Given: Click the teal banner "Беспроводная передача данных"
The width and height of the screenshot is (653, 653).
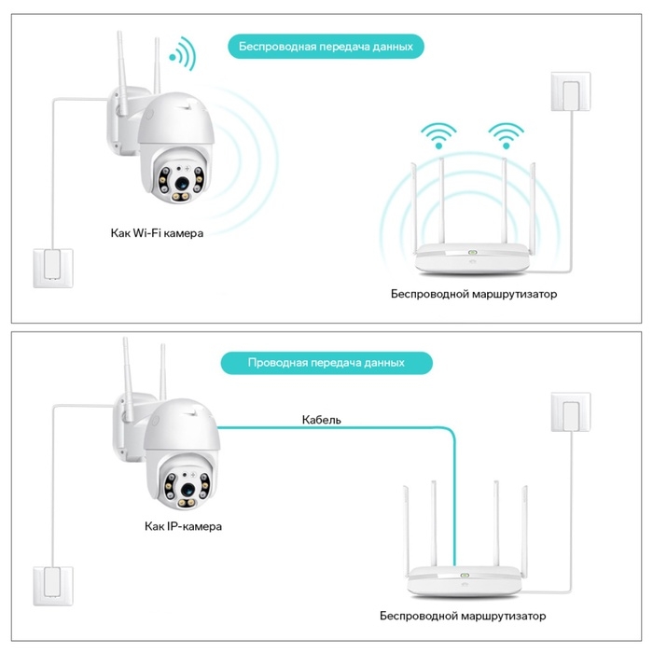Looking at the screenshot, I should coord(326,46).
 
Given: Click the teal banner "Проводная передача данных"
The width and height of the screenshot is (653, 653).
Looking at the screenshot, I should coord(326,362).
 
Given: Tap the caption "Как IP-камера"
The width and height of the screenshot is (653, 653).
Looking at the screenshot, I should coord(183,526).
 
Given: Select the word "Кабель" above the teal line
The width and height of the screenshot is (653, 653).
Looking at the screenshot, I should coord(322,420).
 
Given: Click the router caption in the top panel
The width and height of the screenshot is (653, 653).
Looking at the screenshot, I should coord(473,293).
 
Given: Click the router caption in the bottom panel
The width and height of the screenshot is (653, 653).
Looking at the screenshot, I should coord(463,616).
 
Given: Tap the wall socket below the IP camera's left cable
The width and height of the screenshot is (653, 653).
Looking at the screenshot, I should coord(51,584).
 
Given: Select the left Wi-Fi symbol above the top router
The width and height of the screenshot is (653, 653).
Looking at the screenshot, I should coord(436,134).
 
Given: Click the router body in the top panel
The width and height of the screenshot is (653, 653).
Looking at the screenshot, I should coord(473,256).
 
